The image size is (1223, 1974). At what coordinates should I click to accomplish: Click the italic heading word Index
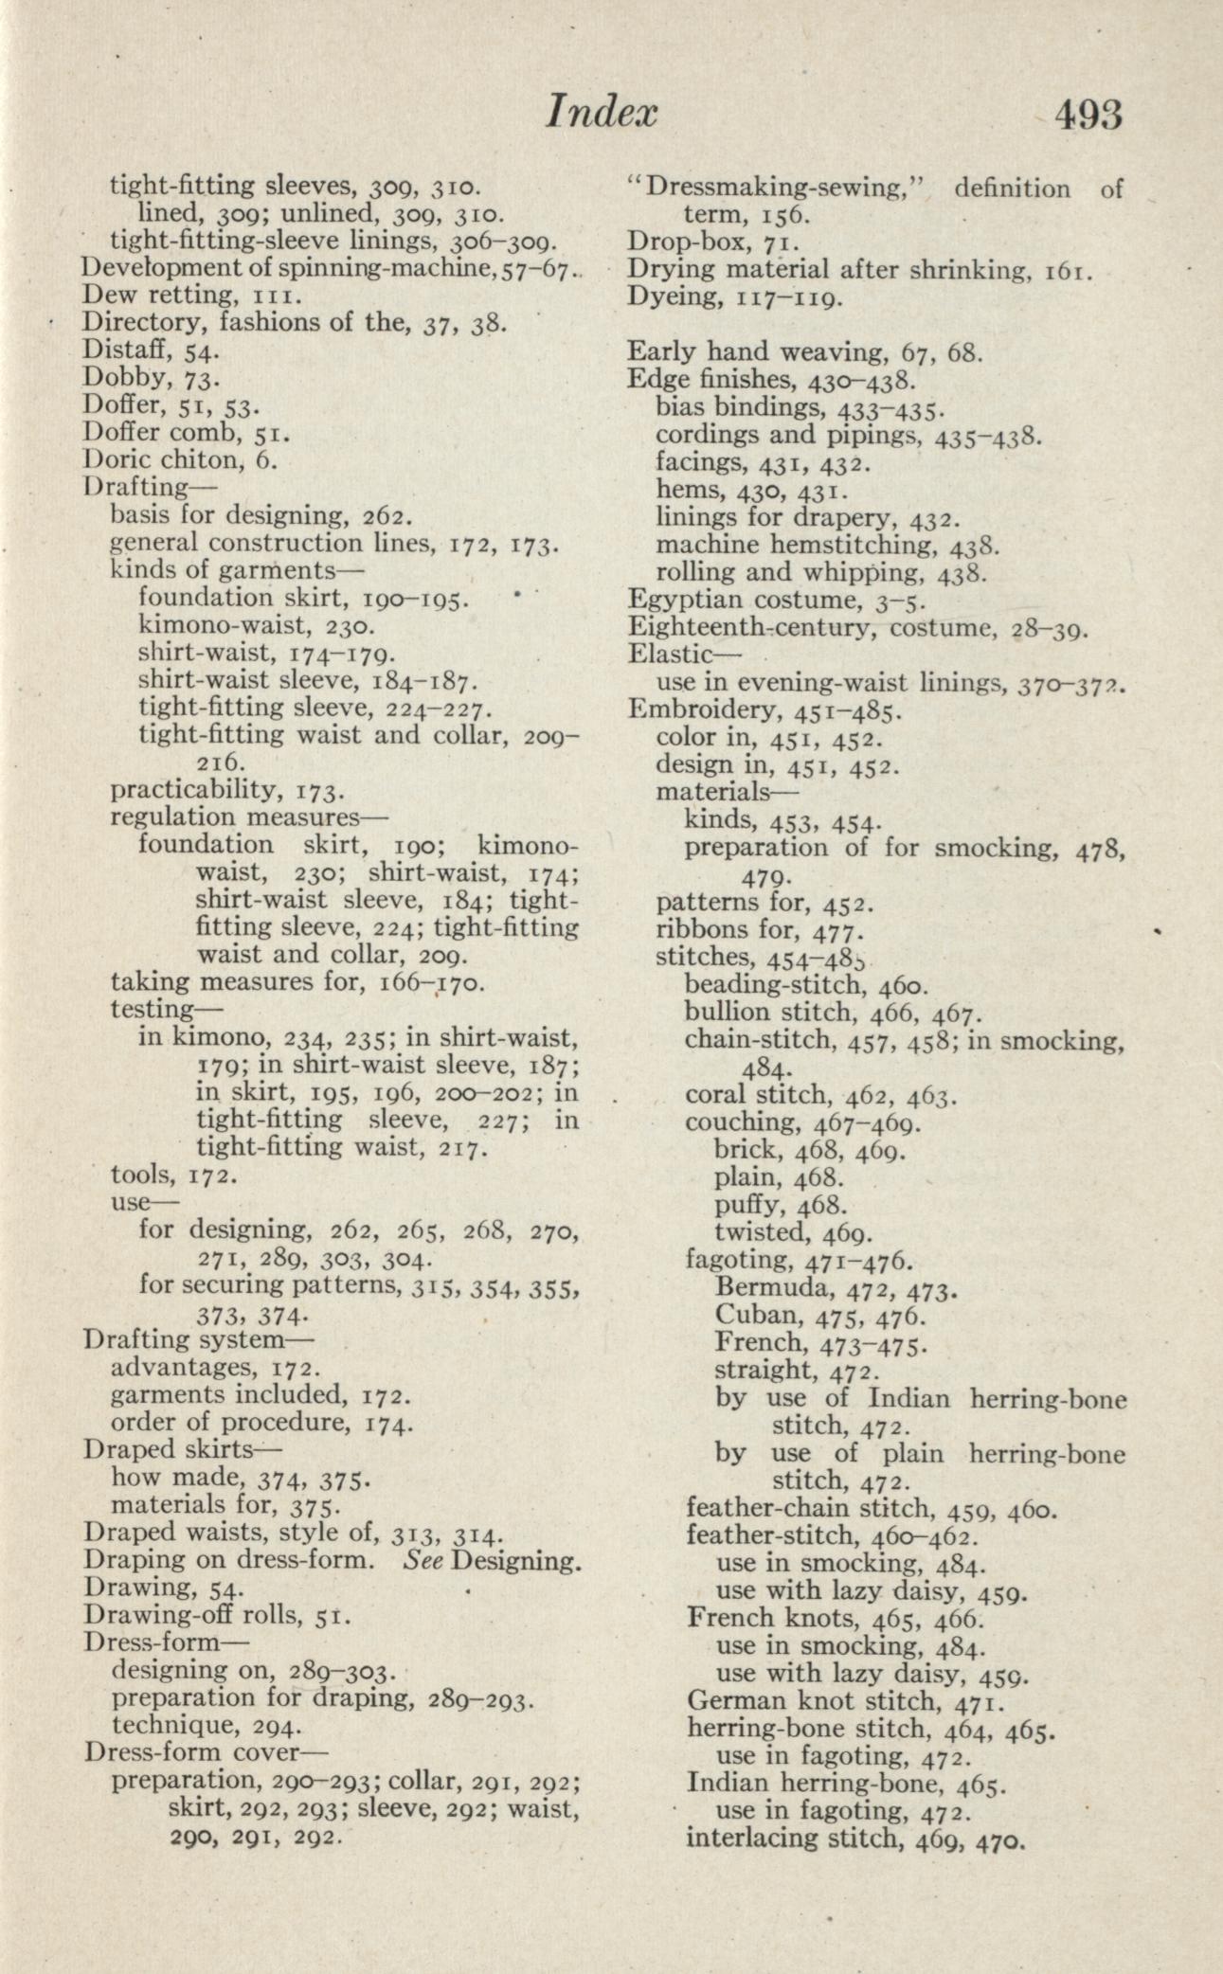(x=602, y=114)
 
